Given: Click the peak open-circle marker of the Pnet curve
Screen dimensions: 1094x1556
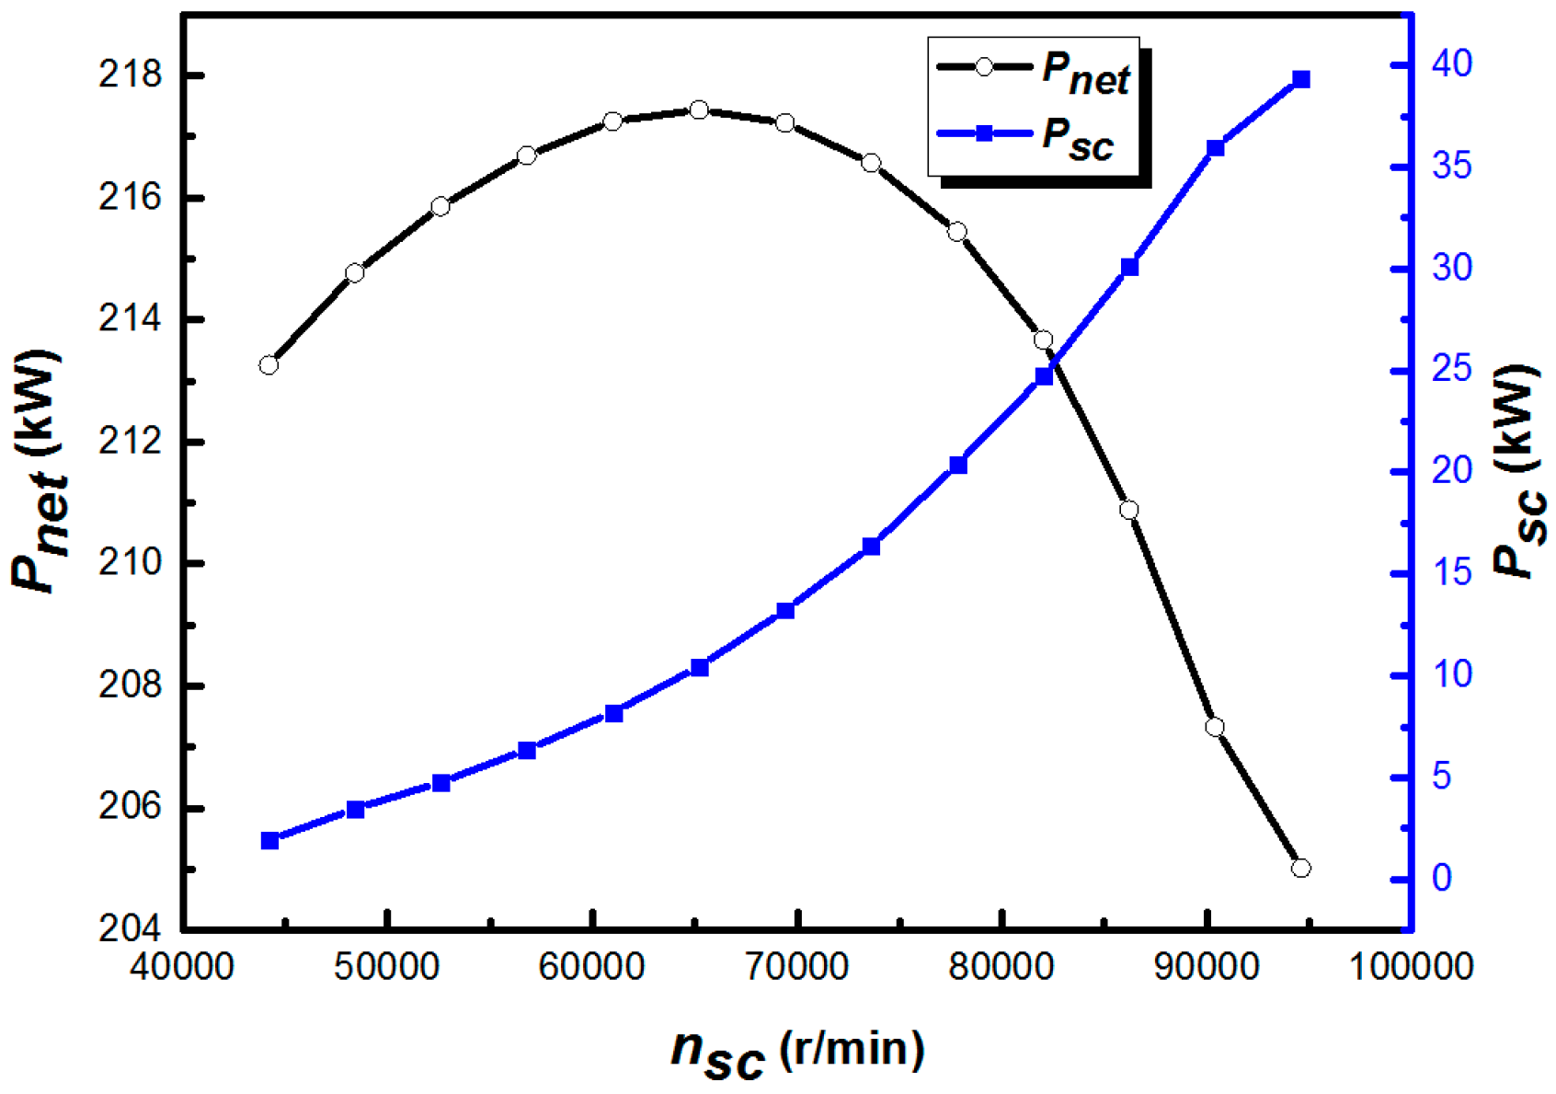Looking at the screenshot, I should [699, 110].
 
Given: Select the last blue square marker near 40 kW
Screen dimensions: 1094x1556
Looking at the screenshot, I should [1301, 80].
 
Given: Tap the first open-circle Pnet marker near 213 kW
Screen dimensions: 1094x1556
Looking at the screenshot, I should [269, 365].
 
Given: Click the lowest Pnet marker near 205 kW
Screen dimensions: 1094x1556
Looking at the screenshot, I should [1300, 868].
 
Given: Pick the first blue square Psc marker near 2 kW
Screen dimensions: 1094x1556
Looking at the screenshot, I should [270, 840].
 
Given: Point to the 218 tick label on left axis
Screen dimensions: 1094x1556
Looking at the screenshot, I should [131, 75].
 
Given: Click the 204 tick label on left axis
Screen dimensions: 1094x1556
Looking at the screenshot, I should [131, 928].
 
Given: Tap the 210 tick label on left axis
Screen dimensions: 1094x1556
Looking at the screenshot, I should [131, 563].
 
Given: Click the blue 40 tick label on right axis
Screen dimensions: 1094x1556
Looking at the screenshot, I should [1452, 64].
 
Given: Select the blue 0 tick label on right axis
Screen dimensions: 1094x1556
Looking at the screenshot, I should [1441, 878].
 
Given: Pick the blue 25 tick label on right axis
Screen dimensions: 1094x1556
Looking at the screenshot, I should [1452, 370].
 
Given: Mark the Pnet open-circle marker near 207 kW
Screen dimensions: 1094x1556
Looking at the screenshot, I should [1215, 727].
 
